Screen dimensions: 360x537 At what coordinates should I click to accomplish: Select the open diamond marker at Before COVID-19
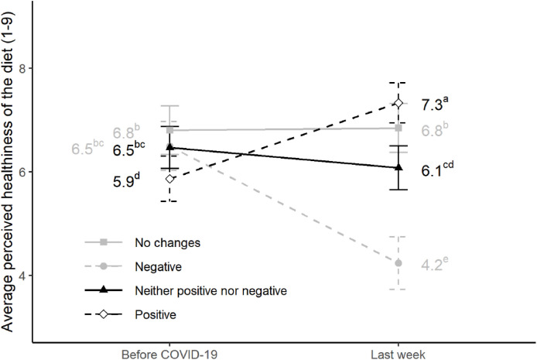click(170, 179)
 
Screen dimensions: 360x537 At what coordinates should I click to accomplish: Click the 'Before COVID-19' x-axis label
click(170, 353)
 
